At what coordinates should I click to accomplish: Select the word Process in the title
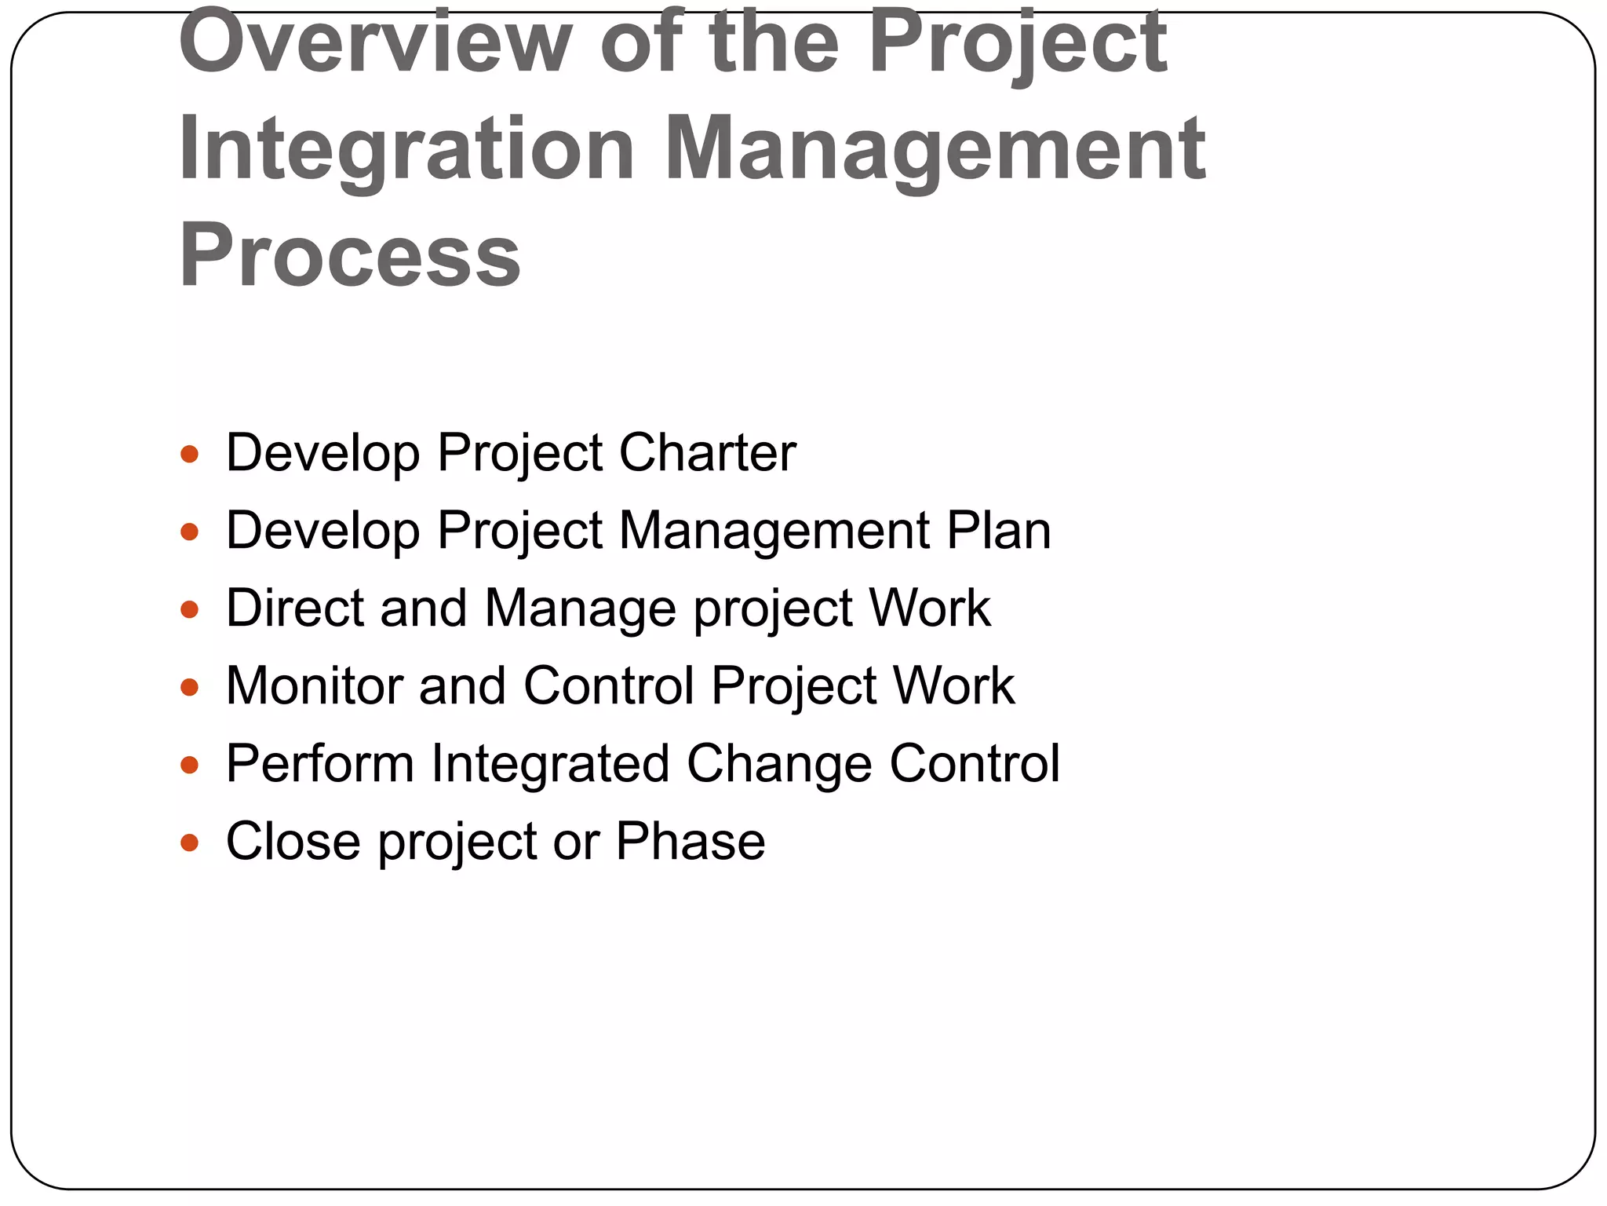(350, 256)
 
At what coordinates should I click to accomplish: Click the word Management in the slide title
(935, 149)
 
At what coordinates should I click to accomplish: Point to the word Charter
(707, 453)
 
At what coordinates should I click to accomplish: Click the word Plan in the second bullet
(998, 531)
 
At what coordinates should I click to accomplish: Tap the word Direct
(294, 608)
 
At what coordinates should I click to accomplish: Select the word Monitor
(314, 685)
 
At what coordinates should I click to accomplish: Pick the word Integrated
(550, 763)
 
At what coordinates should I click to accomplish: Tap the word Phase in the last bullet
(690, 841)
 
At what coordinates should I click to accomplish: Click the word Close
(293, 841)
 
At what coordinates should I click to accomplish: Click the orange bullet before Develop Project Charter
(190, 454)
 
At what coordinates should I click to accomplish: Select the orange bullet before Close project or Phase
(190, 842)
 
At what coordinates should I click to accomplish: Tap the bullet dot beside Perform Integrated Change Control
(190, 765)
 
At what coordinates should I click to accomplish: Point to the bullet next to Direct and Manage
(190, 609)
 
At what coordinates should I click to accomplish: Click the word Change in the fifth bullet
(779, 763)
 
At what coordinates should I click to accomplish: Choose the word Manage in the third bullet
(580, 609)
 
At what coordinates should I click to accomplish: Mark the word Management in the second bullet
(774, 531)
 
